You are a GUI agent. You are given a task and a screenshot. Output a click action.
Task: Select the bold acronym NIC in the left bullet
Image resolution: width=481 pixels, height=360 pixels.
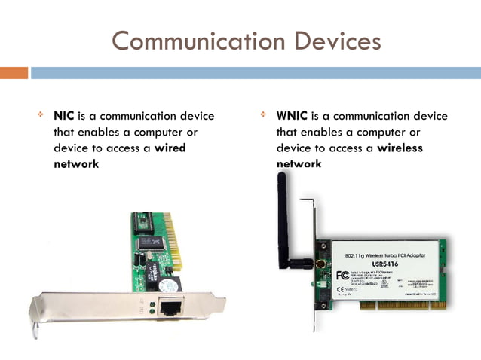pyautogui.click(x=63, y=116)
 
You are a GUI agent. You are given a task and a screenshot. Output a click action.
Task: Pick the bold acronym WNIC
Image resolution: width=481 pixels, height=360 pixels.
pyautogui.click(x=291, y=116)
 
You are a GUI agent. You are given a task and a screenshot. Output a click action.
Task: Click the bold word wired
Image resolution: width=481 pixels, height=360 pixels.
pyautogui.click(x=170, y=148)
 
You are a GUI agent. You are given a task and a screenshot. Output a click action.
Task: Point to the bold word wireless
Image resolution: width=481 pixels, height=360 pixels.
pyautogui.click(x=400, y=148)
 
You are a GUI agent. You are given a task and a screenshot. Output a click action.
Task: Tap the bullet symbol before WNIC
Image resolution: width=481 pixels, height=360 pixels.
pyautogui.click(x=263, y=116)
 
